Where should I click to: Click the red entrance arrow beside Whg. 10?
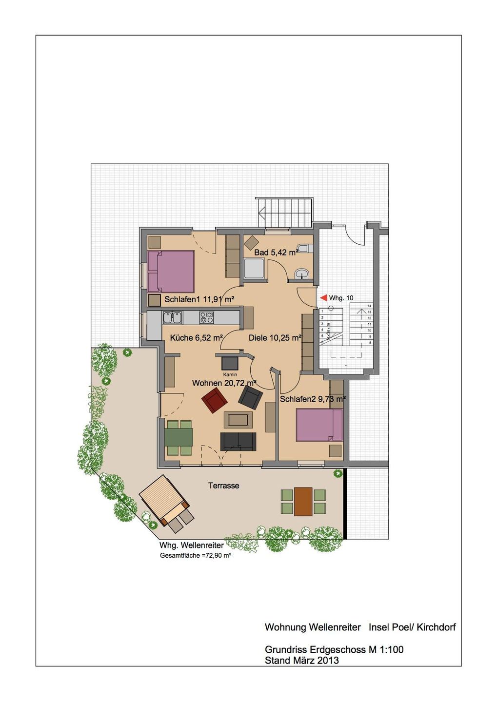pyautogui.click(x=323, y=297)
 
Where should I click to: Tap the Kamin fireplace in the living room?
pyautogui.click(x=230, y=363)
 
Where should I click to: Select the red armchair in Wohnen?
pyautogui.click(x=214, y=400)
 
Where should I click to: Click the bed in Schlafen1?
pyautogui.click(x=171, y=272)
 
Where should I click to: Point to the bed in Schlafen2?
pyautogui.click(x=319, y=425)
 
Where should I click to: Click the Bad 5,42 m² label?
pyautogui.click(x=276, y=253)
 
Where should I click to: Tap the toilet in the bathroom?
pyautogui.click(x=305, y=249)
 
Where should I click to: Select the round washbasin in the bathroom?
pyautogui.click(x=302, y=273)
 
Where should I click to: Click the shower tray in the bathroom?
pyautogui.click(x=254, y=269)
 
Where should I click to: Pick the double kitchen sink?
pyautogui.click(x=172, y=318)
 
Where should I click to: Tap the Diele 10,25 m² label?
pyautogui.click(x=275, y=338)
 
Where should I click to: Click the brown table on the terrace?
pyautogui.click(x=303, y=502)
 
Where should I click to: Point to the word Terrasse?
pyautogui.click(x=224, y=486)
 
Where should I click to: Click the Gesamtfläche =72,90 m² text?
pyautogui.click(x=196, y=555)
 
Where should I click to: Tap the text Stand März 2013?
pyautogui.click(x=302, y=661)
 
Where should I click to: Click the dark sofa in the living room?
pyautogui.click(x=238, y=441)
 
